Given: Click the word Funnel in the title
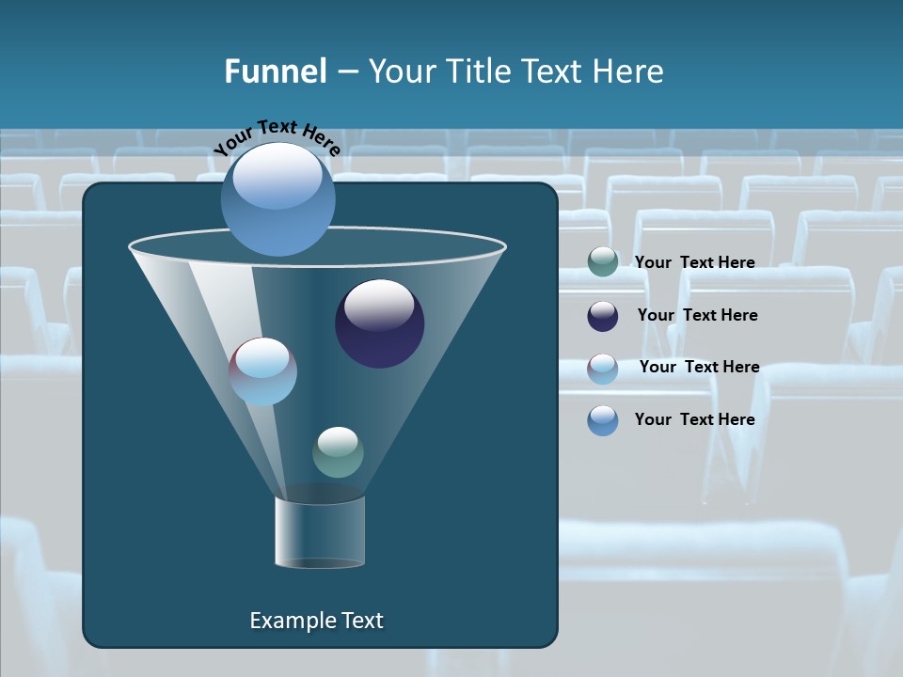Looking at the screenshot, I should pos(276,71).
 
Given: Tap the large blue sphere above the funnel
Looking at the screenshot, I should pos(277,198).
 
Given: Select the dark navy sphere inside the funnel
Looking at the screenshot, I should pos(379,323).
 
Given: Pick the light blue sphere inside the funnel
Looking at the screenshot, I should pos(262,371).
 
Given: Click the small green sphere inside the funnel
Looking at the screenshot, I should pos(338,452).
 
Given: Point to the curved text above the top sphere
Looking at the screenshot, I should pos(277,138).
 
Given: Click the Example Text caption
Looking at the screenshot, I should pos(316,621).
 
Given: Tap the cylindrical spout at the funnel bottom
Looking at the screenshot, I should pos(320,532).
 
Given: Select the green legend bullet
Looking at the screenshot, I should pos(603,262).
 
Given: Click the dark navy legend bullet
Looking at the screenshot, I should pos(603,316).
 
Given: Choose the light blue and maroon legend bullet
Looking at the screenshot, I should pos(603,369).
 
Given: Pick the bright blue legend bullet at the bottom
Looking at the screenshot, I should pos(603,420).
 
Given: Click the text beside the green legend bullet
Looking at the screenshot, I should pos(694,262).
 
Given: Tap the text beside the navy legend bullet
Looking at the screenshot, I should pos(697,315).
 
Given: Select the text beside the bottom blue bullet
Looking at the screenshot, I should pos(694,419).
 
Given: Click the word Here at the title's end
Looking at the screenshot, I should pos(629,71).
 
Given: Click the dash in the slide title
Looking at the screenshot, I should pos(347,72).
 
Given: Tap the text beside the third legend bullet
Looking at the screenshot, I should pos(699,367).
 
